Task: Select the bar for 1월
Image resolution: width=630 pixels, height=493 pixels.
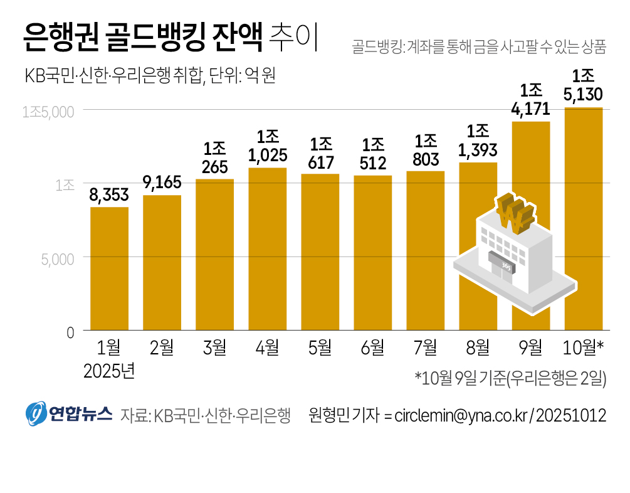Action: (109, 268)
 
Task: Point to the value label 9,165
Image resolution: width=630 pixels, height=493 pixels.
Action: (162, 183)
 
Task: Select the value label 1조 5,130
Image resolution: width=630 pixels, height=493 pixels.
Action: (584, 86)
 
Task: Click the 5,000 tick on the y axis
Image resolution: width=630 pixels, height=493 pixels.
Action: (58, 258)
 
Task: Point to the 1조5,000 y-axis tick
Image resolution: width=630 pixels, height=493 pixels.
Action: (48, 112)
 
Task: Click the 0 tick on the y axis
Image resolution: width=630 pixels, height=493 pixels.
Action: (70, 332)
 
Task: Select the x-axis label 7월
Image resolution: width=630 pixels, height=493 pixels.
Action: (425, 347)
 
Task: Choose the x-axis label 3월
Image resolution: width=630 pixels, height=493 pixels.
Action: (214, 347)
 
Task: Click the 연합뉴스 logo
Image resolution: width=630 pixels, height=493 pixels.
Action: (68, 414)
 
